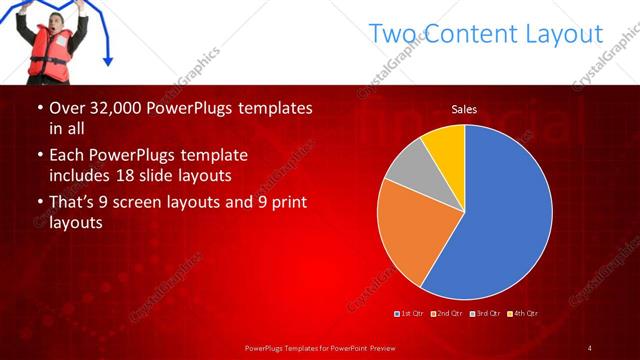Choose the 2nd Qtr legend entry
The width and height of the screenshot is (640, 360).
click(449, 314)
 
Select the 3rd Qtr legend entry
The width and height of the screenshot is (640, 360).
click(487, 314)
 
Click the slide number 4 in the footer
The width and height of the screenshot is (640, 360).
click(590, 347)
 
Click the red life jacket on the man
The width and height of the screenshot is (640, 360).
click(48, 56)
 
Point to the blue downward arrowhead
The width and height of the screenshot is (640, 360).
click(107, 61)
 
